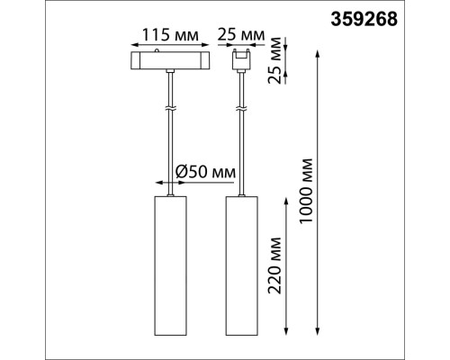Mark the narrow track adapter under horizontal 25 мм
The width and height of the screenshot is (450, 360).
[240, 61]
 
